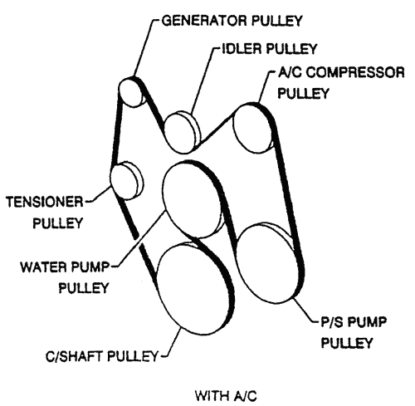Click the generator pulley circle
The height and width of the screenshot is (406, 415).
click(132, 91)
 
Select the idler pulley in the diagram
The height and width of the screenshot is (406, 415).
click(181, 132)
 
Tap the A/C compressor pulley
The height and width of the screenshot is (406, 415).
click(254, 128)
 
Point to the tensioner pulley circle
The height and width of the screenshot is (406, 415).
click(126, 181)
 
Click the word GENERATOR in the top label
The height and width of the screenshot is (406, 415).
click(204, 21)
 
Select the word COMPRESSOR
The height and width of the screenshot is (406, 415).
click(355, 72)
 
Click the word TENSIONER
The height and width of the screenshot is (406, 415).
click(45, 202)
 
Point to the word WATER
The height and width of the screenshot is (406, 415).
click(43, 267)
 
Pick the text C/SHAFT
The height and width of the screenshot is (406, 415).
click(75, 356)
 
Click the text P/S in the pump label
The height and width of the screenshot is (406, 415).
click(330, 322)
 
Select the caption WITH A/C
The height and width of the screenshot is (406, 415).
click(226, 396)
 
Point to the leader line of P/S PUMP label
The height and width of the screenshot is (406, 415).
click(305, 310)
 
